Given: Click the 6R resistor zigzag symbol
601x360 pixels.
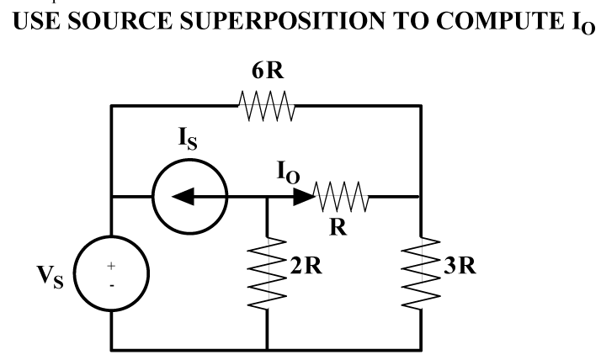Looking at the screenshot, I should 266,107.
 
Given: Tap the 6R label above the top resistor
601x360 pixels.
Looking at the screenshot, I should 268,73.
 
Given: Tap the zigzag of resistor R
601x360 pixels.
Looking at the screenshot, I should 341,198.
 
